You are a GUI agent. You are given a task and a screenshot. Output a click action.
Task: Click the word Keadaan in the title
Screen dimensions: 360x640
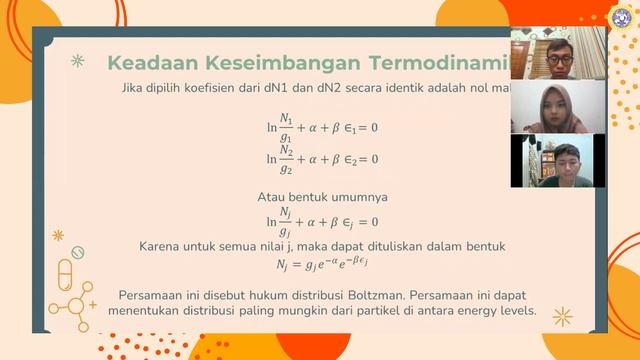tap(151, 63)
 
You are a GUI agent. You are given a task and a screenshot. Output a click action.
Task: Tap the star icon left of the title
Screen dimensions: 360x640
tap(78, 62)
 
